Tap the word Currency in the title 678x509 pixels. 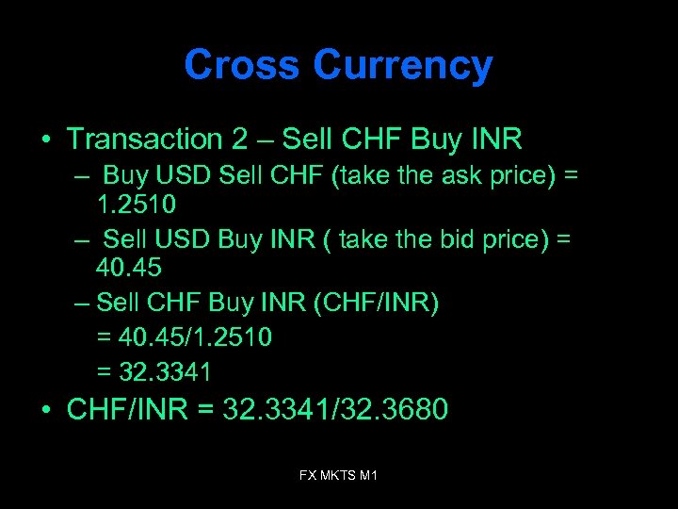click(402, 67)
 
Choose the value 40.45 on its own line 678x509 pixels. click(129, 268)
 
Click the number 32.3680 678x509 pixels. click(397, 412)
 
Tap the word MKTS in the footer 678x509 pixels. click(338, 476)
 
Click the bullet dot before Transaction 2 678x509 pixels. click(45, 140)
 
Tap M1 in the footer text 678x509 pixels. click(367, 476)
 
